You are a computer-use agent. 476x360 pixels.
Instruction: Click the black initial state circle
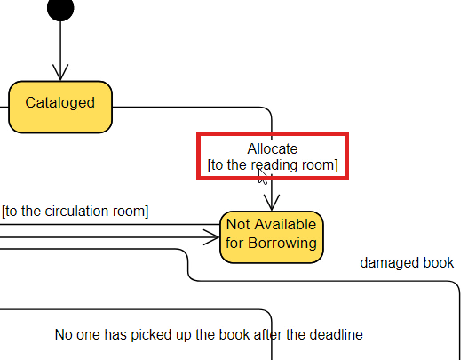pos(59,9)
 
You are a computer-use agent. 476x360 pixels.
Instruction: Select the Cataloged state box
pos(59,104)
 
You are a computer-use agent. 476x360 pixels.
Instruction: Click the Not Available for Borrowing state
pos(272,236)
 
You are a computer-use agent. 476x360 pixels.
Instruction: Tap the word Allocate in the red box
pos(273,148)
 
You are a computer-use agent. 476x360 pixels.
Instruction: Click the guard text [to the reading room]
pos(273,165)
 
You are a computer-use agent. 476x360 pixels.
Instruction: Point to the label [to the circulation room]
pos(75,212)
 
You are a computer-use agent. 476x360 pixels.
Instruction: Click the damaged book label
pos(407,263)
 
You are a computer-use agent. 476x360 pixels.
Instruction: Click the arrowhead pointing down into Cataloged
pos(59,73)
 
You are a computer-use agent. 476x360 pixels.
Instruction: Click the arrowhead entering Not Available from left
pos(211,236)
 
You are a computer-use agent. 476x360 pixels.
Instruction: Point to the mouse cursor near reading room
pos(263,175)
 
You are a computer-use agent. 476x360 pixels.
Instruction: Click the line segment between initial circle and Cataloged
pos(59,44)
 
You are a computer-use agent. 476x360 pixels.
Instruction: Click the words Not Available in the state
pos(271,224)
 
